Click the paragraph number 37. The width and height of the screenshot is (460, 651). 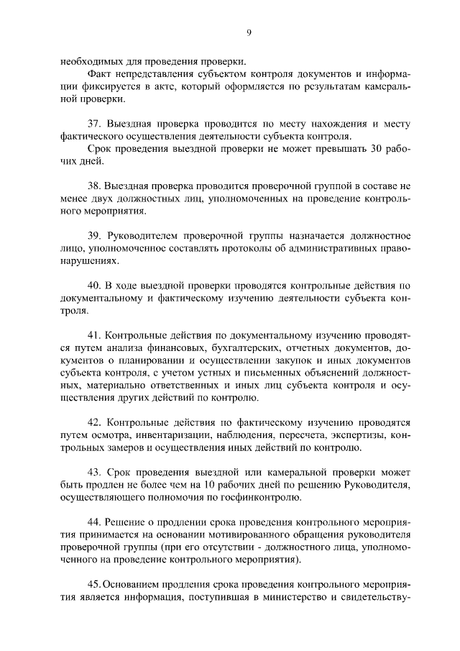click(x=93, y=123)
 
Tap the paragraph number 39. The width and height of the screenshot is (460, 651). click(x=93, y=235)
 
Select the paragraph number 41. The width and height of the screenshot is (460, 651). click(x=93, y=334)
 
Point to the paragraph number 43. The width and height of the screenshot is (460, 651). click(x=93, y=472)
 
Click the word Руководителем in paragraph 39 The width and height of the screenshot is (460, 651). click(x=142, y=235)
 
